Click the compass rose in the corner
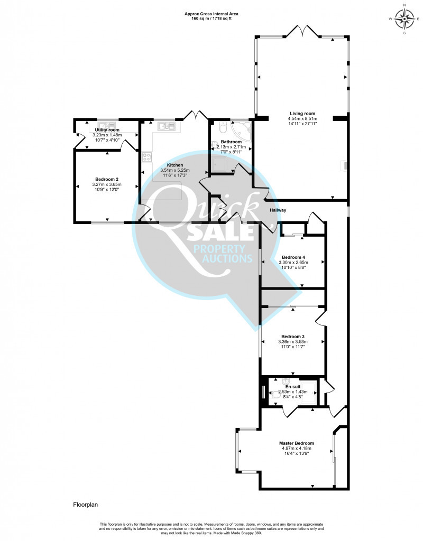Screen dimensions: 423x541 (404, 18)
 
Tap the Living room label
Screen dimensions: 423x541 (302, 114)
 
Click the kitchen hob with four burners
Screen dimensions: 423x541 (147, 157)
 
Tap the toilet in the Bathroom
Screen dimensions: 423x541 (224, 127)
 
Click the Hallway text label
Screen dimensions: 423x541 (278, 210)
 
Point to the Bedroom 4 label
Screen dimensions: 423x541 (293, 257)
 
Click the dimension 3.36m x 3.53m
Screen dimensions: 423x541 (293, 342)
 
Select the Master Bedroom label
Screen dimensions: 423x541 (297, 443)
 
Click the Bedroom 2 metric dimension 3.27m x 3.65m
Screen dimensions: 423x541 (107, 184)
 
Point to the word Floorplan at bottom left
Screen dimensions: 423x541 (85, 505)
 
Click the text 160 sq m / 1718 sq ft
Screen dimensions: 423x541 (212, 18)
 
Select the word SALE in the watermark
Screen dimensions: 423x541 (220, 233)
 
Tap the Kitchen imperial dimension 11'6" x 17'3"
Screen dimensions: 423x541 (175, 175)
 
